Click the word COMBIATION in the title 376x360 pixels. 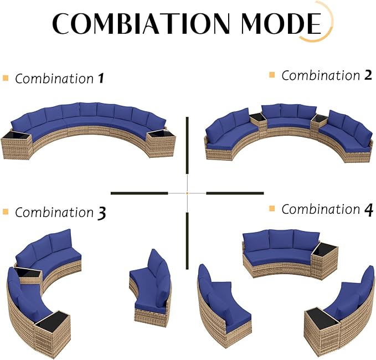coord(141,23)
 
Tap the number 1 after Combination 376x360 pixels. coord(101,79)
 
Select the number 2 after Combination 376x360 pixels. coord(368,75)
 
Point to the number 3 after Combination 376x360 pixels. coord(102,213)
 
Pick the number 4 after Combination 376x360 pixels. coord(369,210)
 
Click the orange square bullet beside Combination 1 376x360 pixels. coord(6,78)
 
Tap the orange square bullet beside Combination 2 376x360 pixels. coord(272,75)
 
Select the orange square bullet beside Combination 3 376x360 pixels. coord(6,212)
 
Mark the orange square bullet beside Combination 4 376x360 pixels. coord(272,208)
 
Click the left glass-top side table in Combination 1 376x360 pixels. coord(16,145)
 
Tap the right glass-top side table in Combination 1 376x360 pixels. coord(161,144)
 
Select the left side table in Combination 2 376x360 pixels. coord(258,122)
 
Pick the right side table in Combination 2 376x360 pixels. coord(319,123)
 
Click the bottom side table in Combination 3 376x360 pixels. coord(53,332)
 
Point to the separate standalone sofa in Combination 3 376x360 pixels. coord(151,286)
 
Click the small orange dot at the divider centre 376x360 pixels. coord(187,193)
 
